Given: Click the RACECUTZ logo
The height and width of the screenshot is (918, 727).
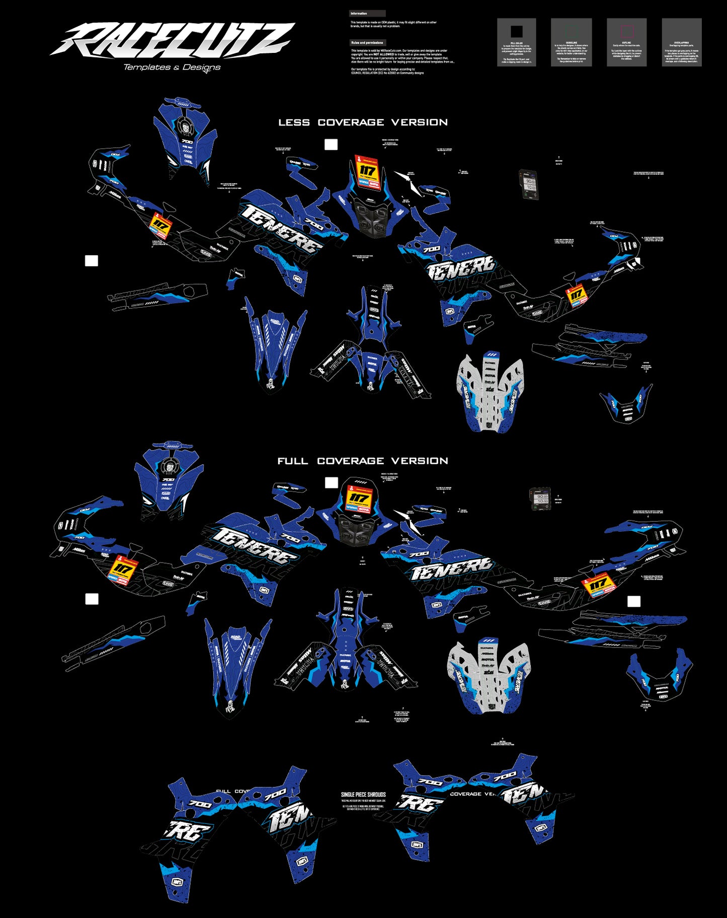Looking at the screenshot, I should click(171, 40).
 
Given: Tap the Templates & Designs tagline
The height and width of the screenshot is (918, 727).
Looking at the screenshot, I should click(172, 67).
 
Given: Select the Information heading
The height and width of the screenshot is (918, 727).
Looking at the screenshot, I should click(359, 14).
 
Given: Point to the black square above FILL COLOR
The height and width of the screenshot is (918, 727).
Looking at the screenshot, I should click(516, 32).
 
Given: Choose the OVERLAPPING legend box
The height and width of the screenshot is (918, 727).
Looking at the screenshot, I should click(682, 42).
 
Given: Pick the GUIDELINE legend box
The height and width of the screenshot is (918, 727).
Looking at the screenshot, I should click(571, 42).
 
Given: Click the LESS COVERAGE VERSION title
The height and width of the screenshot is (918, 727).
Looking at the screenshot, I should click(363, 122).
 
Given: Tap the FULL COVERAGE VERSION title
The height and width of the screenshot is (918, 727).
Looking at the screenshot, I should click(363, 461).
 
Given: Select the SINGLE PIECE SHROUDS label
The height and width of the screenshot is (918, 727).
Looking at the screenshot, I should click(363, 795).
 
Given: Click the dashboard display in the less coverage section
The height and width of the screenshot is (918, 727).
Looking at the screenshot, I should click(529, 184).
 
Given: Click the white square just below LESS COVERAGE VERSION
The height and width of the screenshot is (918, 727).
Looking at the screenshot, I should click(331, 145).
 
